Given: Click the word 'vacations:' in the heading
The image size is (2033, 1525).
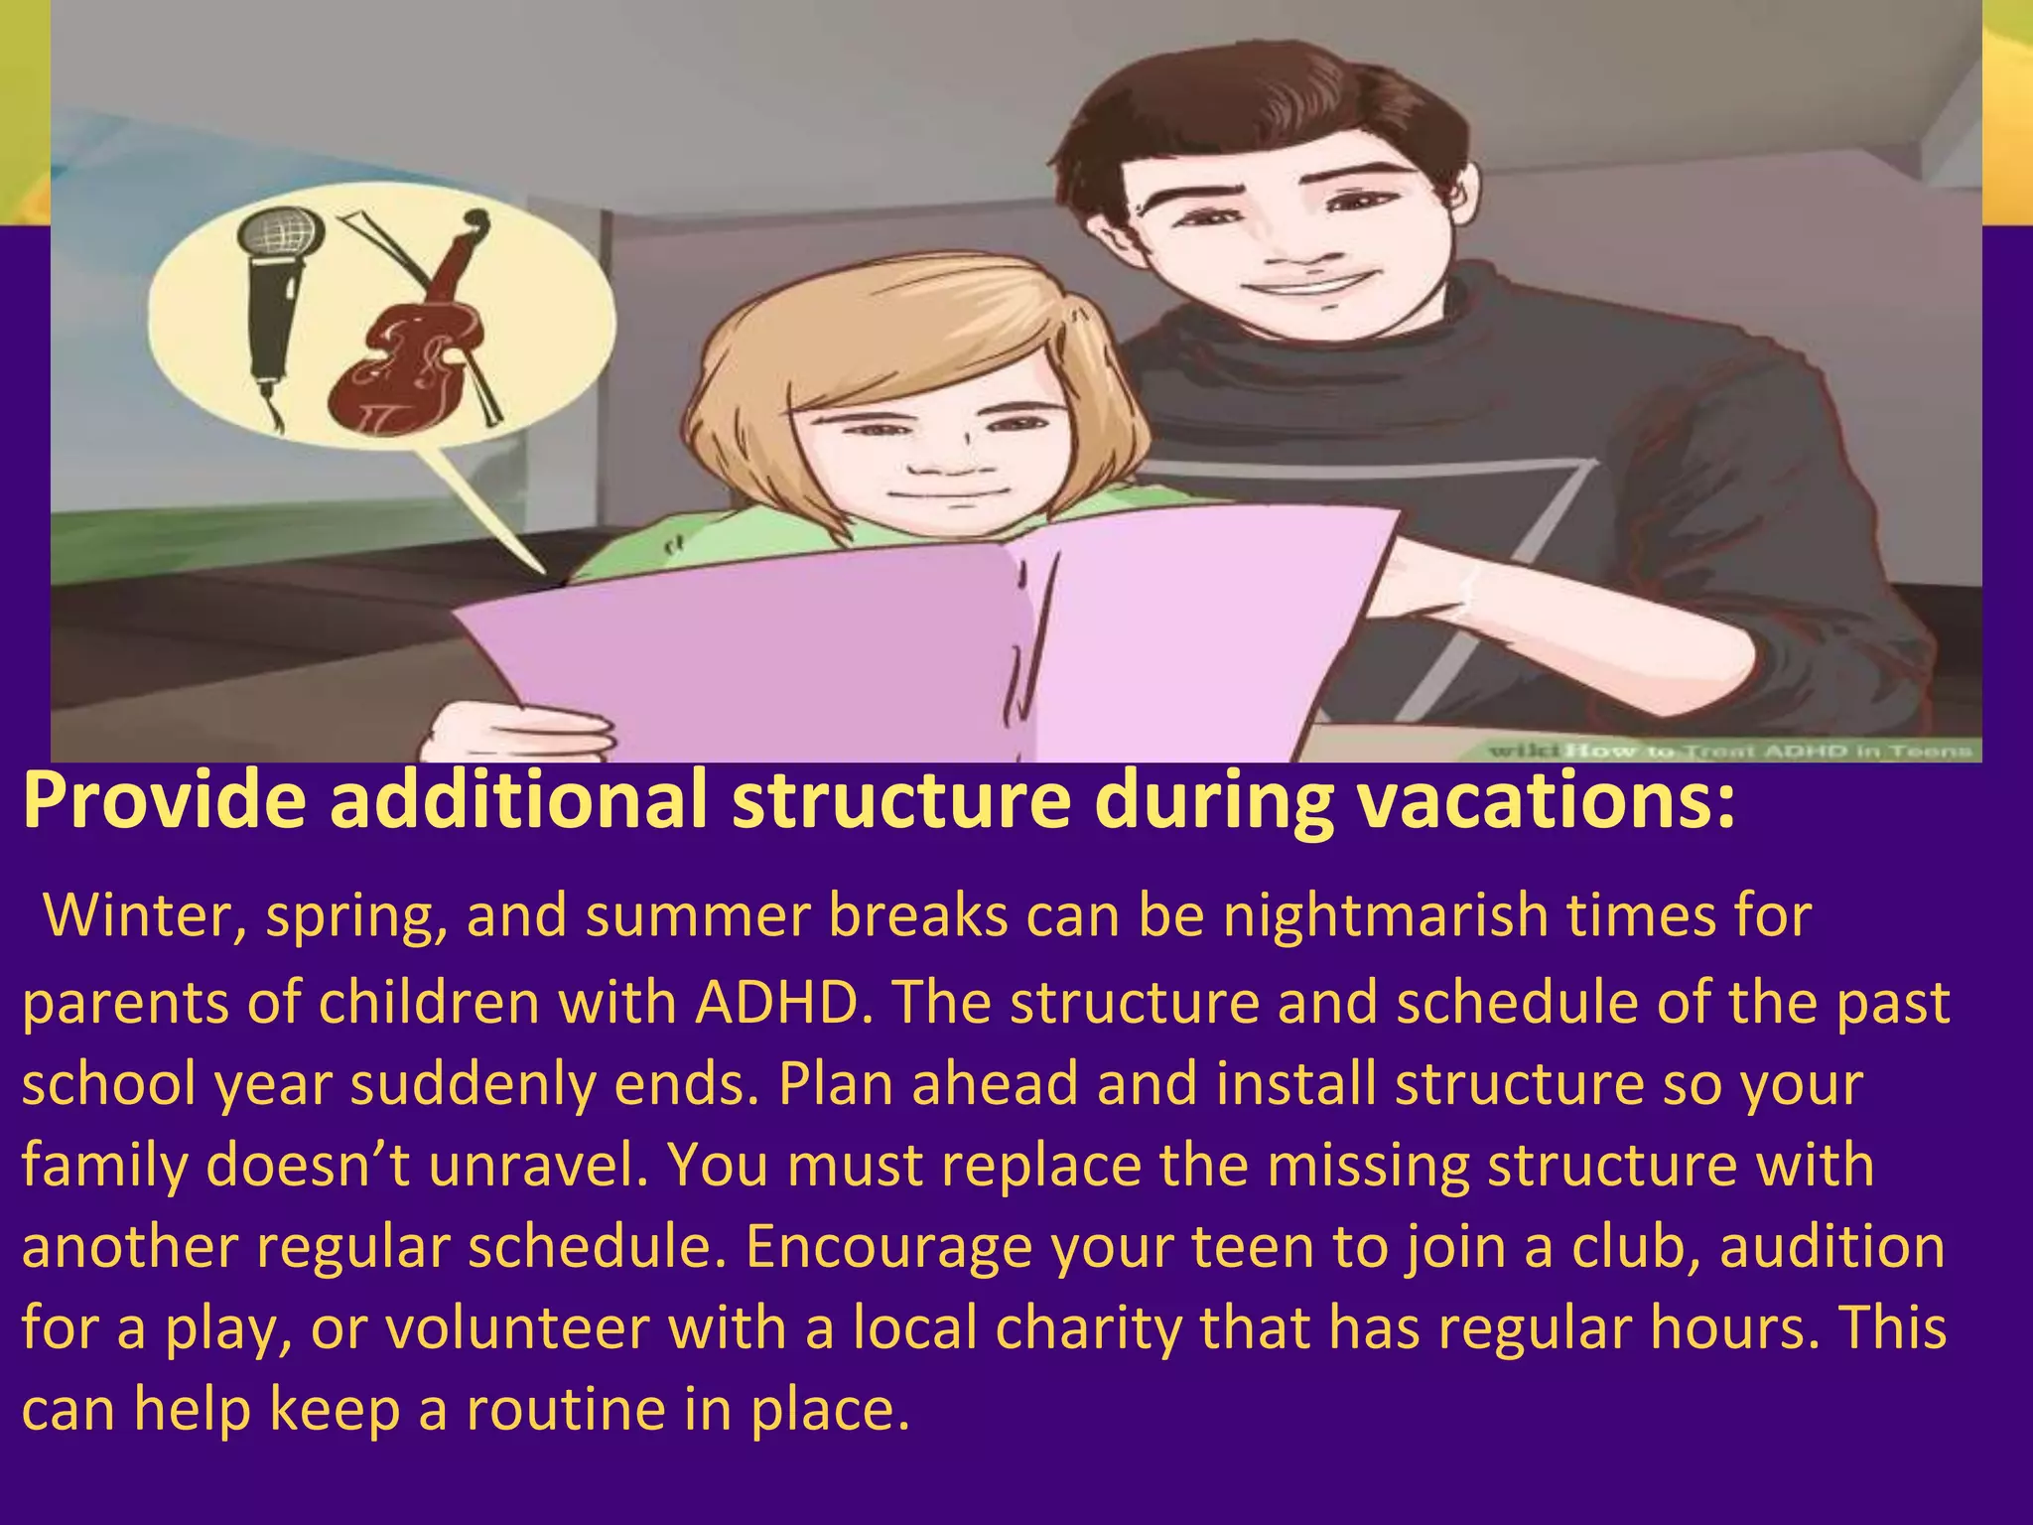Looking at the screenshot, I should pos(1548,800).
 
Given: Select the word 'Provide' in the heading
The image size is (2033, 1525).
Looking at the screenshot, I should pos(165,800).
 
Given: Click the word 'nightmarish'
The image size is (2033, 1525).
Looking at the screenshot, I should pos(1385,915).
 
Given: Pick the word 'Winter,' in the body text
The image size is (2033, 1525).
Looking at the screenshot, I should pos(145,915).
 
